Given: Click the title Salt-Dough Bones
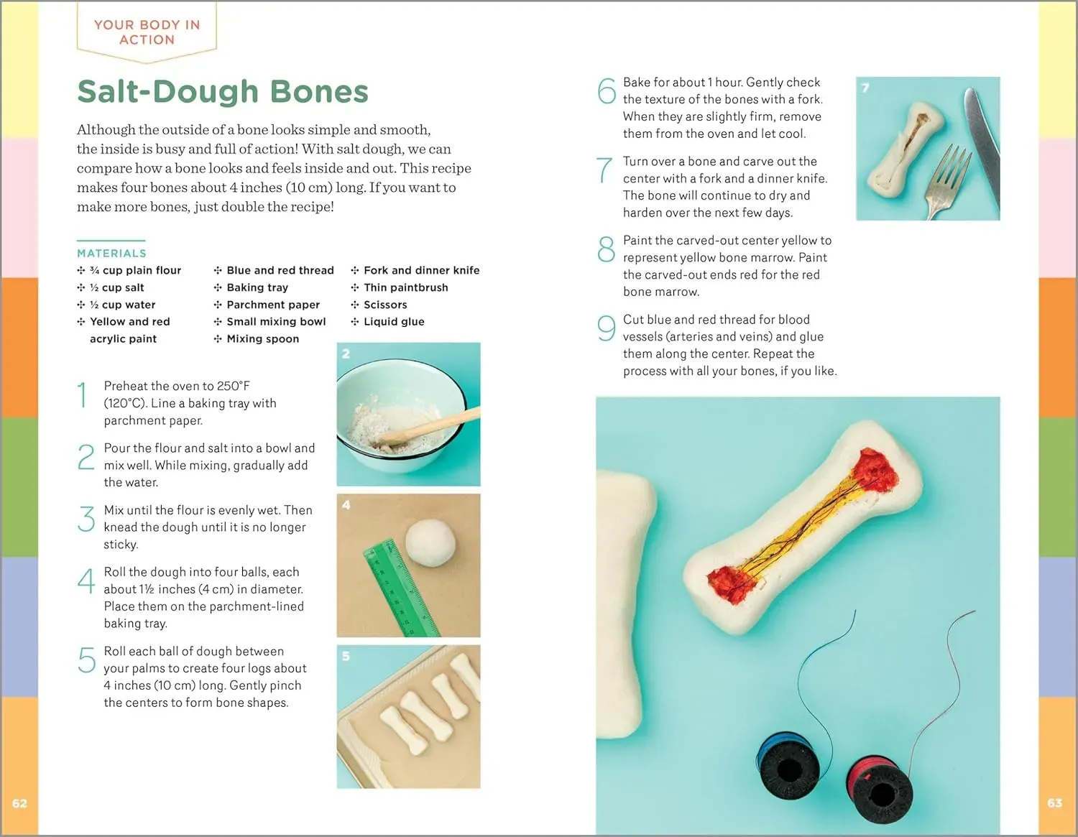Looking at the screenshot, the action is [223, 92].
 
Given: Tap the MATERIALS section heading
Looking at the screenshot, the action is [111, 254].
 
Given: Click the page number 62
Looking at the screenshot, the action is [20, 803].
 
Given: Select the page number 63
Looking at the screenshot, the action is [1055, 803].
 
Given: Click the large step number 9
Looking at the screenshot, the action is [607, 328].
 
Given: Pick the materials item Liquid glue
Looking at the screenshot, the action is [394, 322].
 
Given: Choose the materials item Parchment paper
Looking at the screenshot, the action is [273, 305].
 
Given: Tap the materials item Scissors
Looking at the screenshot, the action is [385, 305].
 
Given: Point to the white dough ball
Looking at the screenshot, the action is [430, 542].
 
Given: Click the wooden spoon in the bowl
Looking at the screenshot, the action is [430, 425].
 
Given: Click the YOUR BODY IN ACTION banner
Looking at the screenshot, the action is [147, 32].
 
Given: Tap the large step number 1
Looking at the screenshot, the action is [83, 394].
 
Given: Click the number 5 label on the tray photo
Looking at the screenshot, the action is [346, 656].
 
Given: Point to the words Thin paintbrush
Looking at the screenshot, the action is [406, 287].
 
